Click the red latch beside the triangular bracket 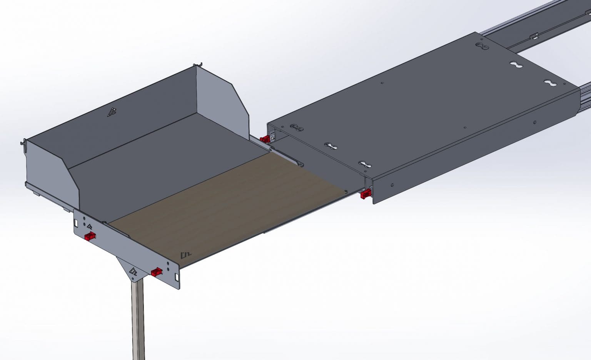(156, 272)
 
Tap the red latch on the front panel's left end (90, 236)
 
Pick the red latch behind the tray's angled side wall (265, 139)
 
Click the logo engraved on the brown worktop (186, 255)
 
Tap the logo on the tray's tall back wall (112, 112)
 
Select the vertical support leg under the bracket (139, 320)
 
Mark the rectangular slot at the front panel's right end (177, 276)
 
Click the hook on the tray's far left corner (23, 142)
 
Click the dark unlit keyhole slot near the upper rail (481, 47)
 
